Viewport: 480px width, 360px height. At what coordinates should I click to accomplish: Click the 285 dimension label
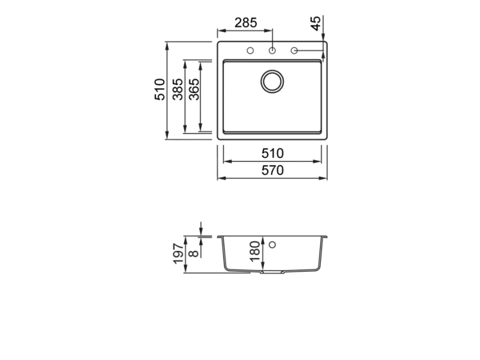pyautogui.click(x=246, y=23)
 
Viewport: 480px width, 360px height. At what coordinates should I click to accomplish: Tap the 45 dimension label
pyautogui.click(x=316, y=23)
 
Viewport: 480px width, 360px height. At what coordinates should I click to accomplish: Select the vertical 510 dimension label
pyautogui.click(x=160, y=89)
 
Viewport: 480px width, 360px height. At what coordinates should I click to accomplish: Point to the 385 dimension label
pyautogui.click(x=178, y=89)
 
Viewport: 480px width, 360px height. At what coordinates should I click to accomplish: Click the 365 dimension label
pyautogui.click(x=194, y=89)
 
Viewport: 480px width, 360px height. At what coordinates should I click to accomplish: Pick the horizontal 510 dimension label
pyautogui.click(x=272, y=154)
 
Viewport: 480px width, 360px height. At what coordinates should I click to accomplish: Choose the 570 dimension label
pyautogui.click(x=272, y=170)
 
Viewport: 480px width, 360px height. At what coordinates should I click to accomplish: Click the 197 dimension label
pyautogui.click(x=178, y=254)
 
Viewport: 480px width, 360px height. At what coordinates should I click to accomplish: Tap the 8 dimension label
pyautogui.click(x=194, y=253)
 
